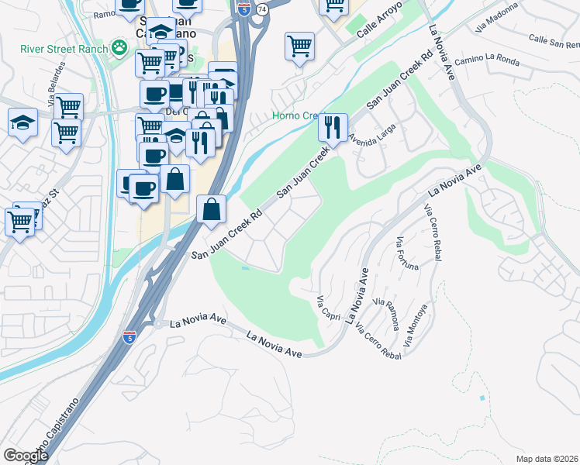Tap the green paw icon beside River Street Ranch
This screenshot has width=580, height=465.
click(x=119, y=50)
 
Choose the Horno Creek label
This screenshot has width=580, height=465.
click(x=295, y=116)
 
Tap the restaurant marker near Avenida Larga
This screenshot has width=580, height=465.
click(x=333, y=128)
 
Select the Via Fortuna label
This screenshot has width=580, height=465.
click(x=406, y=253)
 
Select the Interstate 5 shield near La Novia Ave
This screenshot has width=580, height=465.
click(x=129, y=337)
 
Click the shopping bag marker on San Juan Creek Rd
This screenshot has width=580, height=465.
click(x=211, y=208)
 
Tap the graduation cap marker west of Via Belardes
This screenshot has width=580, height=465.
click(x=22, y=122)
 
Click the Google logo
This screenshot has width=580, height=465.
click(x=26, y=456)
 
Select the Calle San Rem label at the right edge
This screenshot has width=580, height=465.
click(x=554, y=40)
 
